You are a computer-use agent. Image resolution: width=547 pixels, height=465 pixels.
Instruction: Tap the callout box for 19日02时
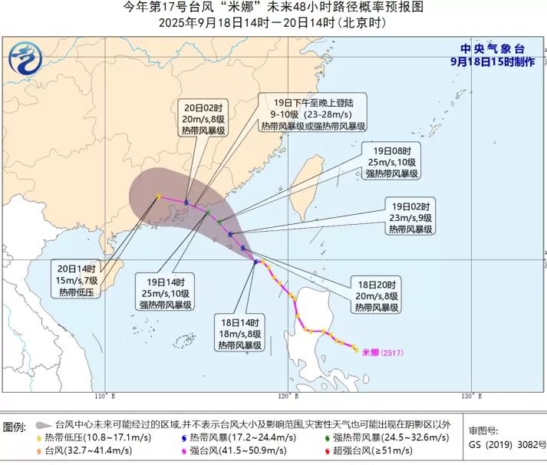tap(410, 217)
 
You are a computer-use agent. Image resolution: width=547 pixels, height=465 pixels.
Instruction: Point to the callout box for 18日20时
tap(376, 295)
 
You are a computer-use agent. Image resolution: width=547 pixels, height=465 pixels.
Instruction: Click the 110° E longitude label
tap(104, 396)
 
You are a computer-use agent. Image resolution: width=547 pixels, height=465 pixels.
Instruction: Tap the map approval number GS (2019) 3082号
tap(507, 444)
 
